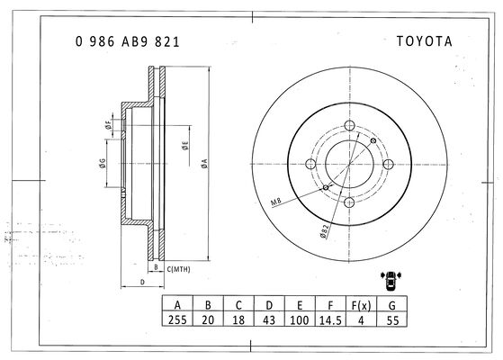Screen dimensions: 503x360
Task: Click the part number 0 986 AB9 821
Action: [128, 41]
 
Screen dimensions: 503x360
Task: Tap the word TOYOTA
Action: [425, 41]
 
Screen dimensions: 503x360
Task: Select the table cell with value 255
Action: [177, 319]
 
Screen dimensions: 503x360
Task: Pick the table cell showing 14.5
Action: [330, 319]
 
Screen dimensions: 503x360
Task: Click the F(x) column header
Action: [361, 305]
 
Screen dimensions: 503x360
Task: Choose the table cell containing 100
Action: [300, 319]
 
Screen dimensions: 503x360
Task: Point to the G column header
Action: [391, 305]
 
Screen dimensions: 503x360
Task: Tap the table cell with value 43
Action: [269, 319]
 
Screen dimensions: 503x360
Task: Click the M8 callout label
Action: [276, 202]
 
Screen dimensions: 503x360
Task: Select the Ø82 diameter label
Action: [325, 231]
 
